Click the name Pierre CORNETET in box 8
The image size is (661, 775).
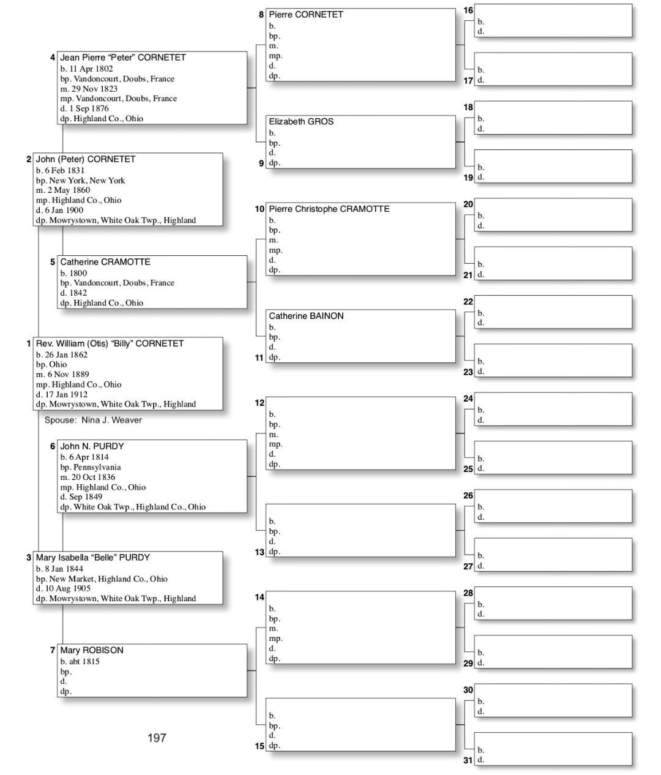tap(306, 15)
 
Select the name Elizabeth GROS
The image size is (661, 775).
tap(301, 122)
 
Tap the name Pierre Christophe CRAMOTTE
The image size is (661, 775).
tap(329, 209)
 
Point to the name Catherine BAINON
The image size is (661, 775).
tap(306, 316)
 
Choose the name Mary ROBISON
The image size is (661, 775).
tap(92, 651)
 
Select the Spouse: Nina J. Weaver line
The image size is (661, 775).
tap(93, 421)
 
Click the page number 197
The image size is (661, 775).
tap(157, 738)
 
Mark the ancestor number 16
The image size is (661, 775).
tap(468, 10)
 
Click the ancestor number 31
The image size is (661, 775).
tap(468, 760)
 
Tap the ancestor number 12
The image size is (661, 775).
tap(260, 403)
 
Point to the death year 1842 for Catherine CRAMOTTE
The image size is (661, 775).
tap(78, 293)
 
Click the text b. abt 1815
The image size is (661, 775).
tap(80, 662)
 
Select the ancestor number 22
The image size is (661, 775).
tap(468, 302)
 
